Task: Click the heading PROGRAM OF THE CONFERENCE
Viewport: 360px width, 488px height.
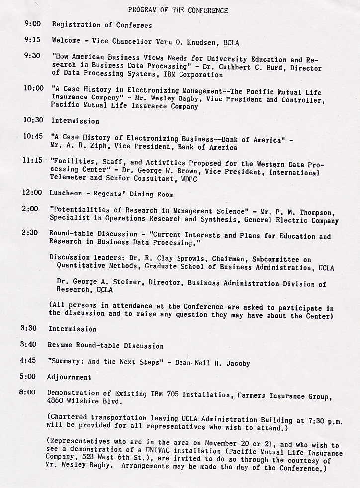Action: pyautogui.click(x=178, y=10)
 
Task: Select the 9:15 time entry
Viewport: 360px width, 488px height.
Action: pyautogui.click(x=32, y=40)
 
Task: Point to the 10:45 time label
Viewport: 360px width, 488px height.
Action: pyautogui.click(x=33, y=136)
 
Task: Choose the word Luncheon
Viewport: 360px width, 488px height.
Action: pyautogui.click(x=66, y=194)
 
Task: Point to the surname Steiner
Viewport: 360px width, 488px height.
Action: pyautogui.click(x=116, y=283)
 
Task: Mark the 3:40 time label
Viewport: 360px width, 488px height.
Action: pyautogui.click(x=30, y=345)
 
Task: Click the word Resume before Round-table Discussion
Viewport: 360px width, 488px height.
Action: pyautogui.click(x=60, y=345)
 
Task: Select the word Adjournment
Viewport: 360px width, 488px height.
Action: pyautogui.click(x=69, y=377)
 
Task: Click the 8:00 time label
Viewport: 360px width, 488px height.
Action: pyautogui.click(x=28, y=393)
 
